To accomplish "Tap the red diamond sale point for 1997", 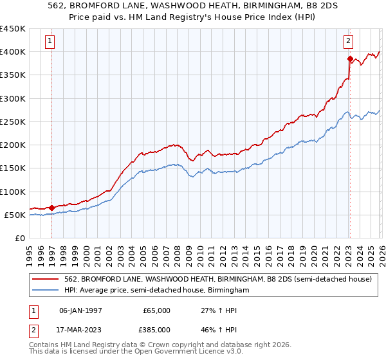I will tap(51, 208).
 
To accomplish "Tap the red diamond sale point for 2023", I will tap(350, 59).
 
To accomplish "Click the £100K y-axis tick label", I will tap(13, 192).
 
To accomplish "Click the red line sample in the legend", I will tap(46, 280).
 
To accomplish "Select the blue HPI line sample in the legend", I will tap(46, 291).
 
